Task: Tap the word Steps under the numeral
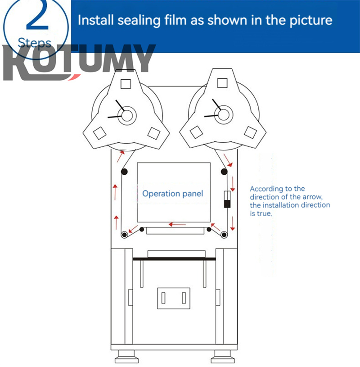35,43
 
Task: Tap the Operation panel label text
173,194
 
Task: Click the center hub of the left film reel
127,116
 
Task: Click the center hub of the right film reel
224,115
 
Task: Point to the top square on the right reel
221,83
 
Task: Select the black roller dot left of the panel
124,171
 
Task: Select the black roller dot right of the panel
224,171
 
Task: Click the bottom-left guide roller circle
124,234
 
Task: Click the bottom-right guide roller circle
224,234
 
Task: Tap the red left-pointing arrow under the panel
177,224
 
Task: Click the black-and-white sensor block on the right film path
227,199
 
